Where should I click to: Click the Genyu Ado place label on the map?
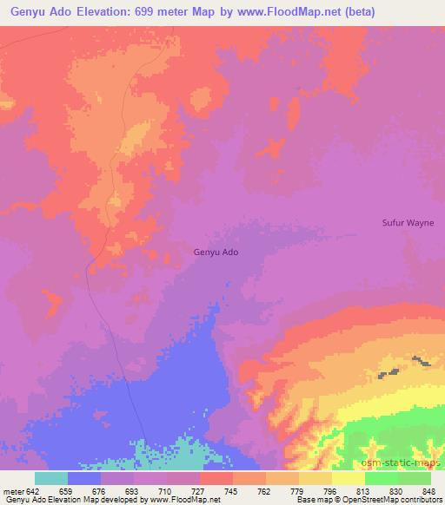point(216,252)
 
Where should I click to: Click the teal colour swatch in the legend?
point(51,478)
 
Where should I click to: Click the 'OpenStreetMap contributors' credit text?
point(398,500)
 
